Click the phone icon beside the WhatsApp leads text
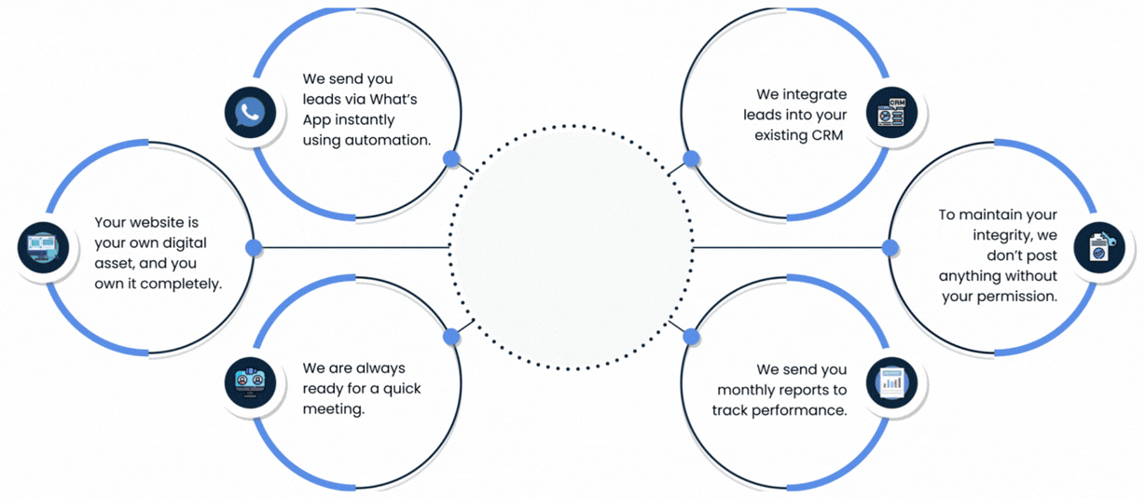[x=251, y=113]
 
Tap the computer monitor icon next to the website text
[x=43, y=247]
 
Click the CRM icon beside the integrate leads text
[x=891, y=113]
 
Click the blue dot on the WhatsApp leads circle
[x=452, y=159]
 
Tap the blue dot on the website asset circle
[x=254, y=247]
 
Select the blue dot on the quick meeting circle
[x=452, y=336]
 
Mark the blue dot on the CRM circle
[x=691, y=159]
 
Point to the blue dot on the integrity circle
[x=890, y=247]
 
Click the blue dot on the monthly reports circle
[x=691, y=336]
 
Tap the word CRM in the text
[x=825, y=135]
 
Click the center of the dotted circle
[x=572, y=248]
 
